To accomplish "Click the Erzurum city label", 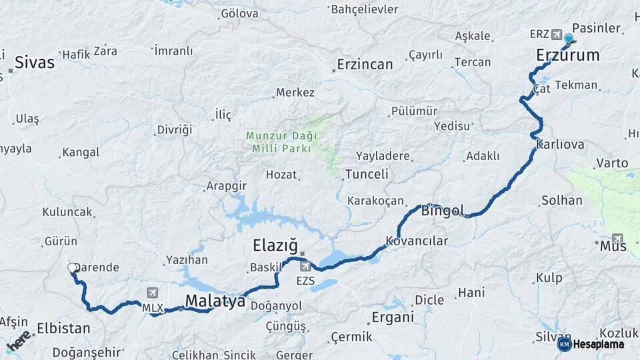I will click(x=567, y=55).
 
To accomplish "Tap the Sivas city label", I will click(x=34, y=63).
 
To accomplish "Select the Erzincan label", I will click(x=365, y=64).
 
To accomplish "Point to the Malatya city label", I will click(x=215, y=301).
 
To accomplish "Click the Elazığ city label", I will click(x=275, y=245).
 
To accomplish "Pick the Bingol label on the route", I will click(x=442, y=211).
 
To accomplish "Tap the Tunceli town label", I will click(x=366, y=175).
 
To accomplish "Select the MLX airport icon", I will click(x=153, y=293).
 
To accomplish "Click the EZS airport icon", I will click(x=305, y=267).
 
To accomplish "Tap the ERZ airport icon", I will click(x=556, y=34).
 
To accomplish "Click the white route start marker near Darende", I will click(x=72, y=268).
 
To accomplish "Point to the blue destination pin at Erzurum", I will click(x=569, y=39).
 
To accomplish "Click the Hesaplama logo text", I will click(x=598, y=344).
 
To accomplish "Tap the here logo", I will click(x=19, y=341).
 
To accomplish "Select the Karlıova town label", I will click(x=559, y=145).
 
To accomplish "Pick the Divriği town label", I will click(x=174, y=129).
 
